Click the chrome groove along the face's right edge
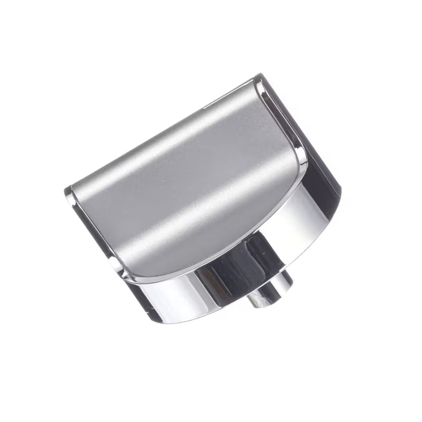(287, 122)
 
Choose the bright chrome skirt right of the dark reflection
(295, 228)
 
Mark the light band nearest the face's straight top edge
(169, 152)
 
